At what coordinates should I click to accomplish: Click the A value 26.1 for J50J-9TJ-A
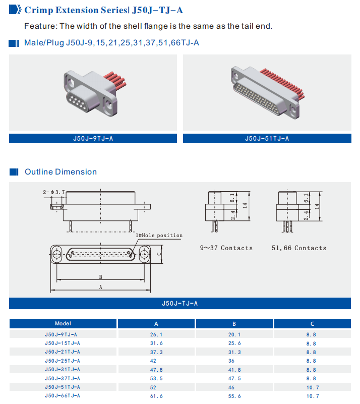pos(156,334)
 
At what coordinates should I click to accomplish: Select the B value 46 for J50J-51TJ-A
pos(234,387)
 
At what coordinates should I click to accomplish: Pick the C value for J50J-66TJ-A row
pos(312,396)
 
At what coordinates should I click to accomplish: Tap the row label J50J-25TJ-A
pos(63,361)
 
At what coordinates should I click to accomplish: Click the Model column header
pos(63,324)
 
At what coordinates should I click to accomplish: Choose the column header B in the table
pos(234,324)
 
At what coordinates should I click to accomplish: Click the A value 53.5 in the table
pos(156,379)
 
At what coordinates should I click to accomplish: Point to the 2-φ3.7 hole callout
pos(54,192)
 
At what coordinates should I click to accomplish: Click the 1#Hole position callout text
pos(159,236)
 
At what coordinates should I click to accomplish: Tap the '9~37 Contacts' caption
pos(226,248)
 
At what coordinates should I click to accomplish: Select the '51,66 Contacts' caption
pos(299,248)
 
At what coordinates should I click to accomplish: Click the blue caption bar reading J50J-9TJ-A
pos(93,138)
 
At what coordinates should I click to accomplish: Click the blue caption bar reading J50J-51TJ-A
pos(267,138)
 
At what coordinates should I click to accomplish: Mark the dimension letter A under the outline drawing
pos(101,287)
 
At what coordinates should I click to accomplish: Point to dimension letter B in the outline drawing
pos(101,277)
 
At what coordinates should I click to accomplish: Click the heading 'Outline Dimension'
pos(61,172)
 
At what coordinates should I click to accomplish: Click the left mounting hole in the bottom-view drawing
pos(57,254)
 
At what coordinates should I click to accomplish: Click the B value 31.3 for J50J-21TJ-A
pos(234,352)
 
